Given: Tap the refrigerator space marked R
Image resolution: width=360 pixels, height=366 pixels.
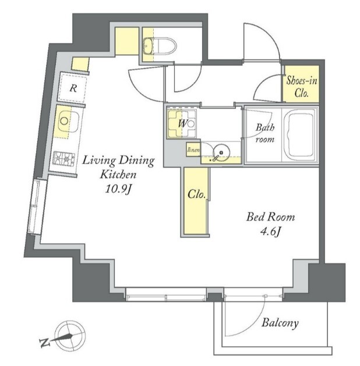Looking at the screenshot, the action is coord(73,88).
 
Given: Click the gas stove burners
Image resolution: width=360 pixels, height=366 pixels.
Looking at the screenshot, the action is coord(63,159).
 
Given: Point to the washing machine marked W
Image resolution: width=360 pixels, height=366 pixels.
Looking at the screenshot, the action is coord(182,123).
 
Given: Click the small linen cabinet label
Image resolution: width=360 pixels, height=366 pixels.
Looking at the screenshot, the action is coord(193,150).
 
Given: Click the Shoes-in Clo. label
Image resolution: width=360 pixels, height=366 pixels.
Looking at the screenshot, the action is coord(301,87).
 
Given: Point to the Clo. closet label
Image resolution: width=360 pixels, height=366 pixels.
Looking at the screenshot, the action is coord(196,194).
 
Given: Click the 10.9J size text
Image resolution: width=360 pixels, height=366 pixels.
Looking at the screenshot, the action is coord(119,189).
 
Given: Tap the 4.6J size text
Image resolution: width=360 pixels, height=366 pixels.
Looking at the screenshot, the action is coord(270,232).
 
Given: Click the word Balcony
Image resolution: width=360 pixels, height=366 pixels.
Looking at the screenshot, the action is coord(280,323).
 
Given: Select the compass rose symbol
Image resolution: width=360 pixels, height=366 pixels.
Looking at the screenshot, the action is coord(70,336).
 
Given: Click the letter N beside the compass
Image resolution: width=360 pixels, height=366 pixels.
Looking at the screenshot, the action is coord(45,342).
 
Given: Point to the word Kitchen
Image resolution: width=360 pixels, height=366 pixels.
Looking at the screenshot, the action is coord(118,175).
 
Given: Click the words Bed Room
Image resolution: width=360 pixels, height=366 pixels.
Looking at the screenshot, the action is coord(270,217).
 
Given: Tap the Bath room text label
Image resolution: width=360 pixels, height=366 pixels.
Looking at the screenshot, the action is coord(265,133).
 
